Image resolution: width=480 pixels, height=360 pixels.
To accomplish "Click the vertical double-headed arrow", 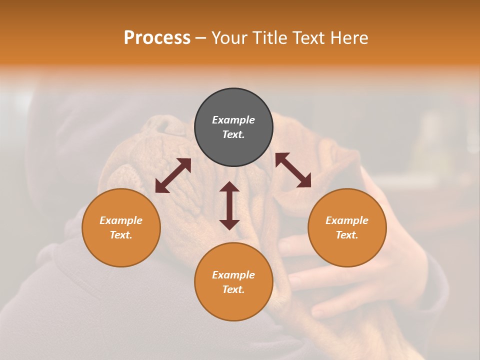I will pyautogui.click(x=229, y=206).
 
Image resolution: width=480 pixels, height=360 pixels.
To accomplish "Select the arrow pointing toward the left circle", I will pyautogui.click(x=173, y=175).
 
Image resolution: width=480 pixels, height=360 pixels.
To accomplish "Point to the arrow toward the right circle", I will pyautogui.click(x=293, y=170).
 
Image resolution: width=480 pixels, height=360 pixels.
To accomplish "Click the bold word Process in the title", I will pyautogui.click(x=157, y=38).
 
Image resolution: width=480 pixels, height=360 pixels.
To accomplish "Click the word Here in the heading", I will pyautogui.click(x=350, y=38).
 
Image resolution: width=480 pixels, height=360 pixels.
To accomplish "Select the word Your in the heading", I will pyautogui.click(x=229, y=38).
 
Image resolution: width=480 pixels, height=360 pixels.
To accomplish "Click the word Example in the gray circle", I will pyautogui.click(x=233, y=120).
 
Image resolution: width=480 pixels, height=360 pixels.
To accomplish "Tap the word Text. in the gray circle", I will pyautogui.click(x=233, y=134).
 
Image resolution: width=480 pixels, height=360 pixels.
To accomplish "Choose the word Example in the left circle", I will pyautogui.click(x=121, y=220).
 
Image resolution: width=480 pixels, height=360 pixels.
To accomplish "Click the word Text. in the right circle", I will pyautogui.click(x=347, y=235).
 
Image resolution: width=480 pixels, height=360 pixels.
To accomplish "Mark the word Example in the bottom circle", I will pyautogui.click(x=233, y=275).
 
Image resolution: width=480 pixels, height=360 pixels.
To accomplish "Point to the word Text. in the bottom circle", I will pyautogui.click(x=233, y=289).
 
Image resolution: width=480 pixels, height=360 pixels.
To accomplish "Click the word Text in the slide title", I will pyautogui.click(x=310, y=38).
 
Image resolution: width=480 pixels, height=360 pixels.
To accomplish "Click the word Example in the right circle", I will pyautogui.click(x=347, y=220).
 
